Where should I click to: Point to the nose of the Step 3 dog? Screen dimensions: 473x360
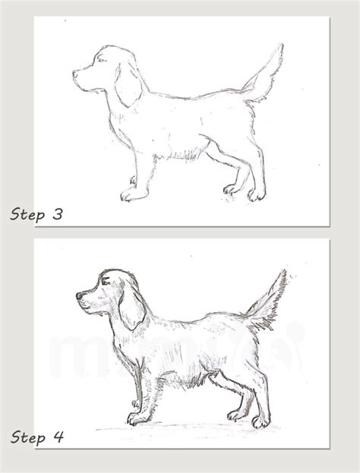click(75, 74)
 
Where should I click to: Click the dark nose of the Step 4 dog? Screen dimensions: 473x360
click(79, 295)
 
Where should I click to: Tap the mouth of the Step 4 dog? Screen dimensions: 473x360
click(88, 306)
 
